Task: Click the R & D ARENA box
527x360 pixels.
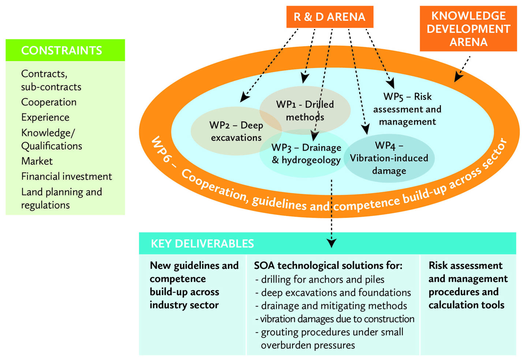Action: tap(329, 17)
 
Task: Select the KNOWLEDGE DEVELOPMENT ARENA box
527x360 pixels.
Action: tap(468, 29)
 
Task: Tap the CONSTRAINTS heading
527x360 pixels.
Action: tap(61, 50)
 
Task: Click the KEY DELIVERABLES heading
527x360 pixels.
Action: tap(202, 244)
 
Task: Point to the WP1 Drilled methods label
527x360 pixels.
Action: tap(305, 110)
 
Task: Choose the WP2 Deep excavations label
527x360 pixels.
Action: tap(236, 131)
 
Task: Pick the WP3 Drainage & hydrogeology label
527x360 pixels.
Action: tap(306, 154)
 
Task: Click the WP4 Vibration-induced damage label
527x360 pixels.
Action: tap(389, 158)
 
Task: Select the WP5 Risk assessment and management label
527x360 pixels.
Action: tap(407, 109)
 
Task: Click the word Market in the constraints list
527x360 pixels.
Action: tap(37, 161)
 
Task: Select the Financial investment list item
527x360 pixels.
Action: tap(67, 176)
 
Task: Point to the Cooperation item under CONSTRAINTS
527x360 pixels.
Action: tap(49, 102)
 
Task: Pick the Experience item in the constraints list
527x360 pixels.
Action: tap(45, 117)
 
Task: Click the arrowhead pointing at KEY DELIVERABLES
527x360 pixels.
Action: tap(331, 243)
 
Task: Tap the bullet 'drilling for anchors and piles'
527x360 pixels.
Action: tap(322, 280)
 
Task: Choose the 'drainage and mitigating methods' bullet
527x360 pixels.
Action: tap(334, 306)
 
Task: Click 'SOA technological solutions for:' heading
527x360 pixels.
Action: tap(328, 266)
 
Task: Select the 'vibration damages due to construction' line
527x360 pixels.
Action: tap(337, 319)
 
